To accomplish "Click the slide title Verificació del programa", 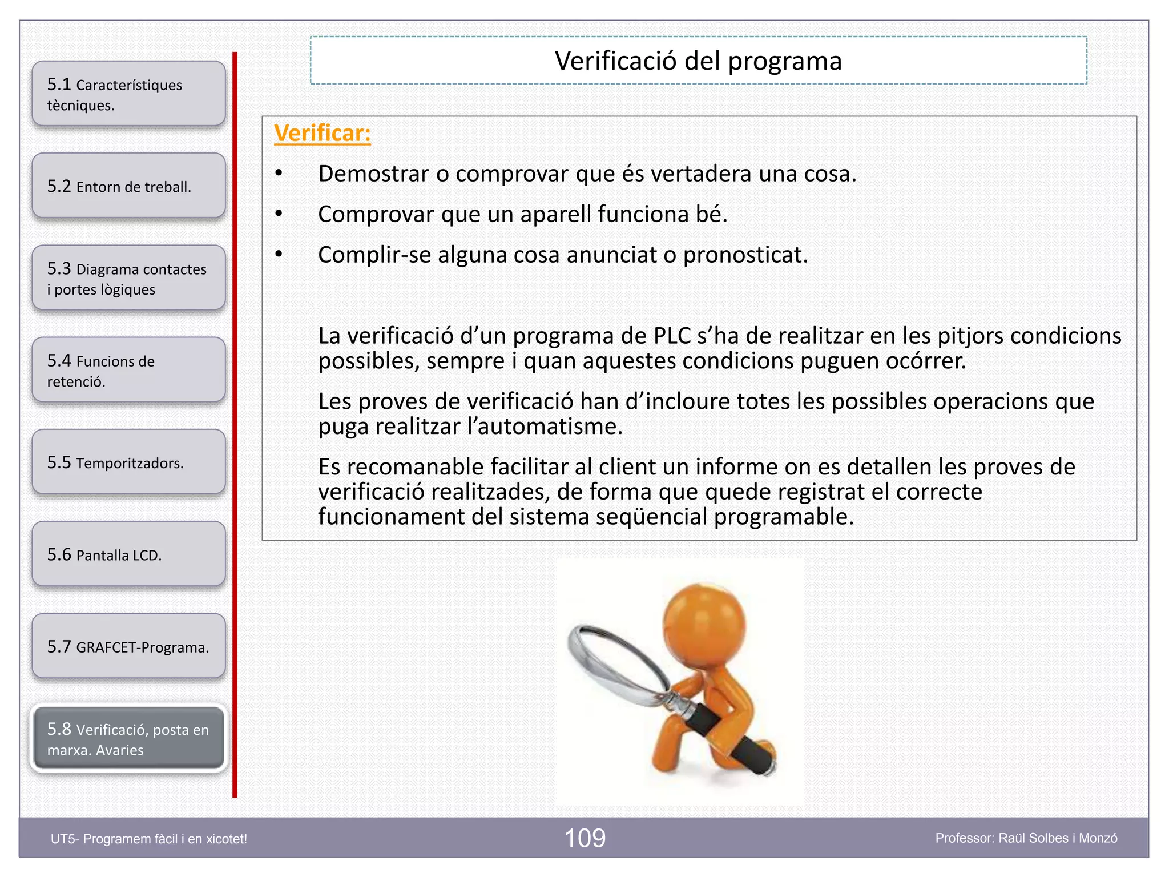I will (698, 61).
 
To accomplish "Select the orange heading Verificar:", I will (323, 134).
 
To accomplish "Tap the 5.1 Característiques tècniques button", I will (128, 94).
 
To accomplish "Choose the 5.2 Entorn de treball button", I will (128, 186).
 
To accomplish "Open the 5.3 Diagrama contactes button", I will (128, 279).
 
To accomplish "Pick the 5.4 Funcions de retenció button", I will (128, 371).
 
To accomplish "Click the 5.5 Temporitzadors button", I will (128, 462).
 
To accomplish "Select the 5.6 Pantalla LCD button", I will (128, 554).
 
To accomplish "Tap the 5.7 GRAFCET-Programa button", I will (128, 647).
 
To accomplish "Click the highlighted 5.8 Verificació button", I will (128, 739).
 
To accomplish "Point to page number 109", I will (584, 838).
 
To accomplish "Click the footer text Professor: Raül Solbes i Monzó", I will (1026, 838).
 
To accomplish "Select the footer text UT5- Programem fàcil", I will (149, 839).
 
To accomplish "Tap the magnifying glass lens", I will (619, 662).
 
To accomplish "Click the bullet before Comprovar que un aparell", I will (279, 214).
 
